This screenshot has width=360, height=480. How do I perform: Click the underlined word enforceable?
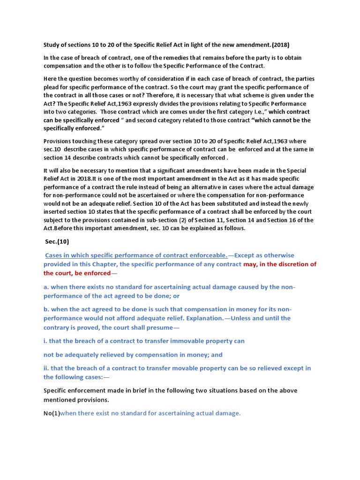point(208,255)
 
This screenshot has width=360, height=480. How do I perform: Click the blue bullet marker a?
point(46,287)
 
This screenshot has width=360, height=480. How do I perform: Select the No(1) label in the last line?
point(52,413)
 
